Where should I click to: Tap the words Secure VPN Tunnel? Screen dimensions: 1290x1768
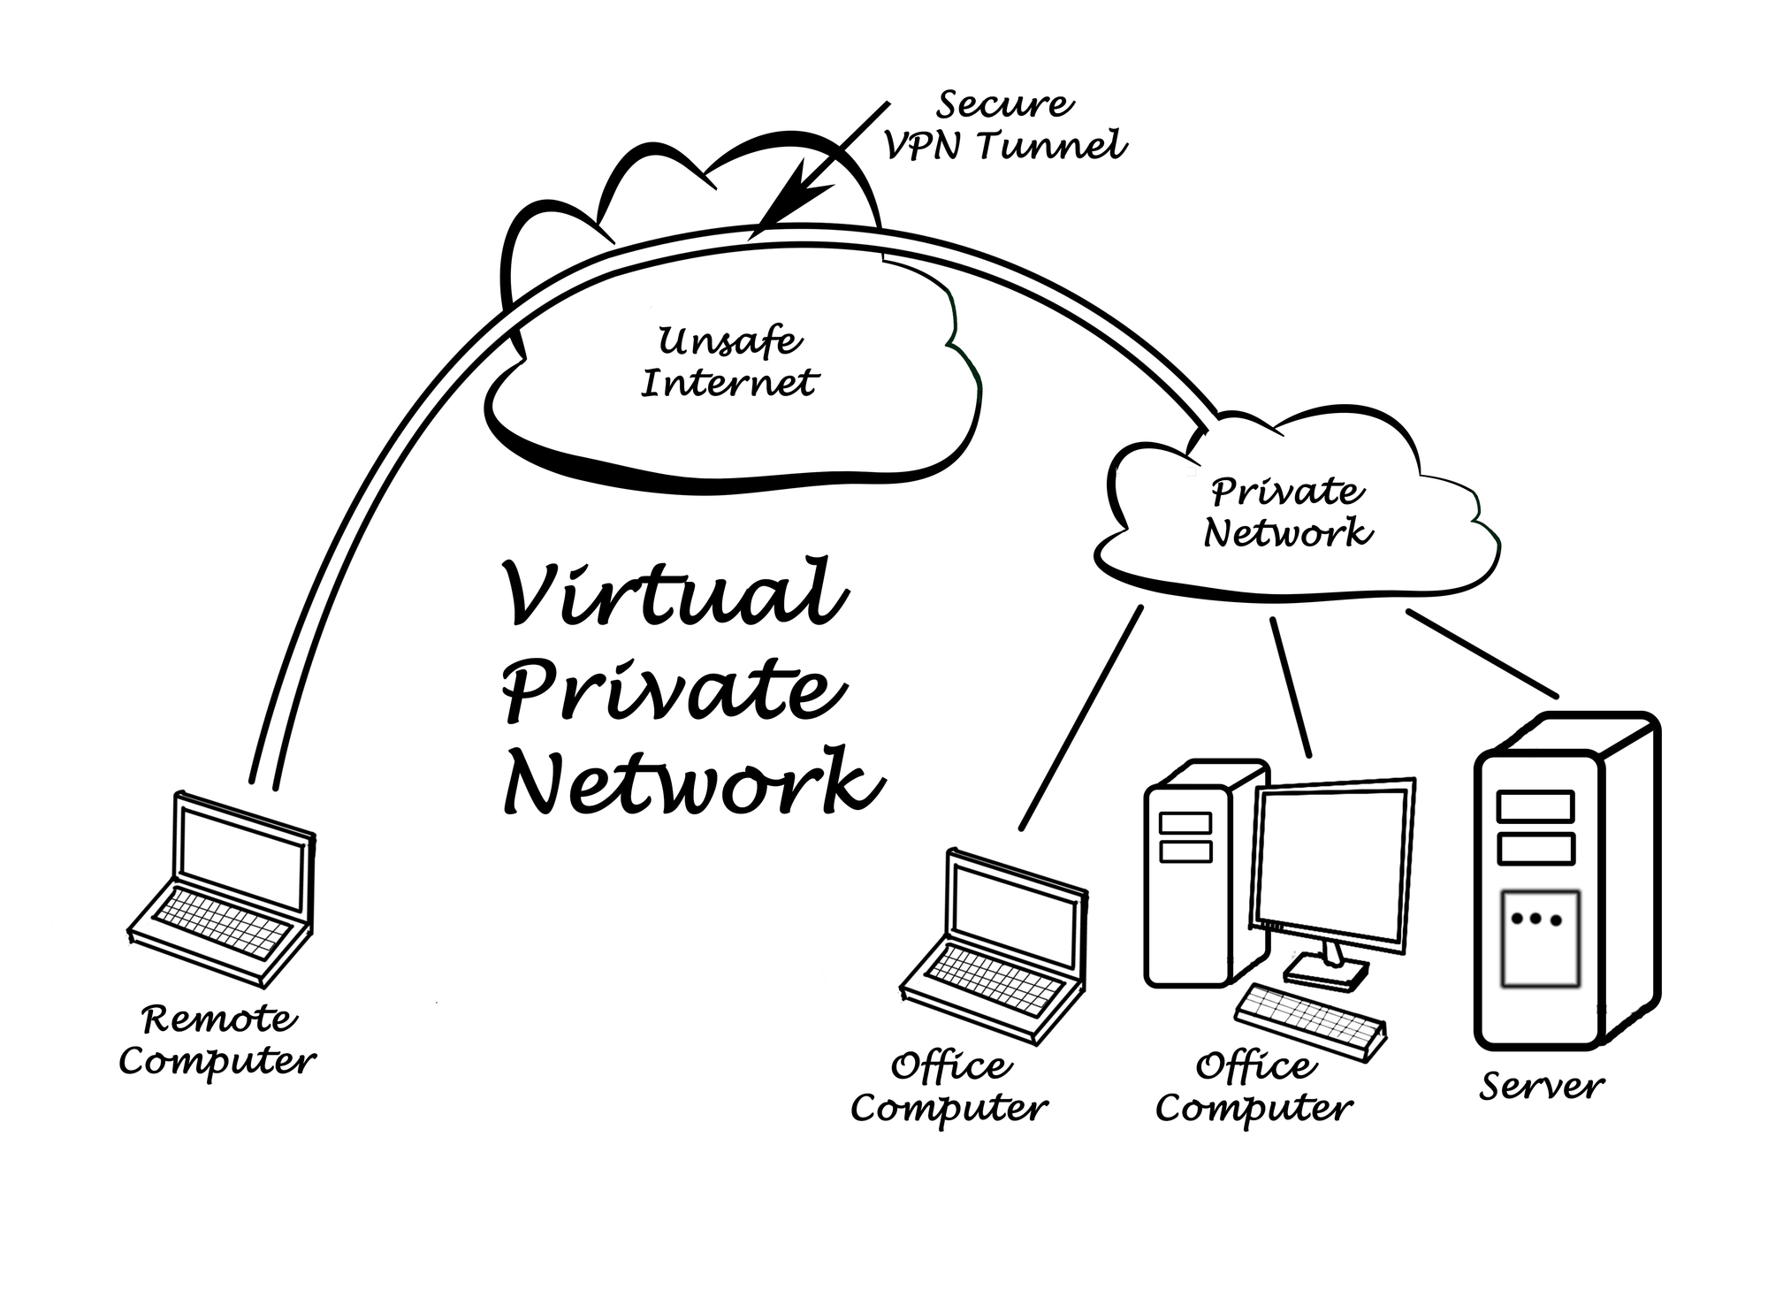pyautogui.click(x=1006, y=126)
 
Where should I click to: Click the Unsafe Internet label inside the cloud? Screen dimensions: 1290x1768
pyautogui.click(x=729, y=363)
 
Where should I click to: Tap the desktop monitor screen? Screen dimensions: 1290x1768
pyautogui.click(x=1333, y=866)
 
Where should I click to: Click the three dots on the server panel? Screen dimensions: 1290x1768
pyautogui.click(x=1536, y=920)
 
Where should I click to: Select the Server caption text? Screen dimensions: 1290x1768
pyautogui.click(x=1541, y=1087)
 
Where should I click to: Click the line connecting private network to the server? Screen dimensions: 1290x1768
pyautogui.click(x=1482, y=653)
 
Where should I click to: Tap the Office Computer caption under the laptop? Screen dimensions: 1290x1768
pyautogui.click(x=949, y=1088)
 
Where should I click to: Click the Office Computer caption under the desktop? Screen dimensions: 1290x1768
pyautogui.click(x=1254, y=1088)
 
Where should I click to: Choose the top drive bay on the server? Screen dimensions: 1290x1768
pyautogui.click(x=1535, y=806)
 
